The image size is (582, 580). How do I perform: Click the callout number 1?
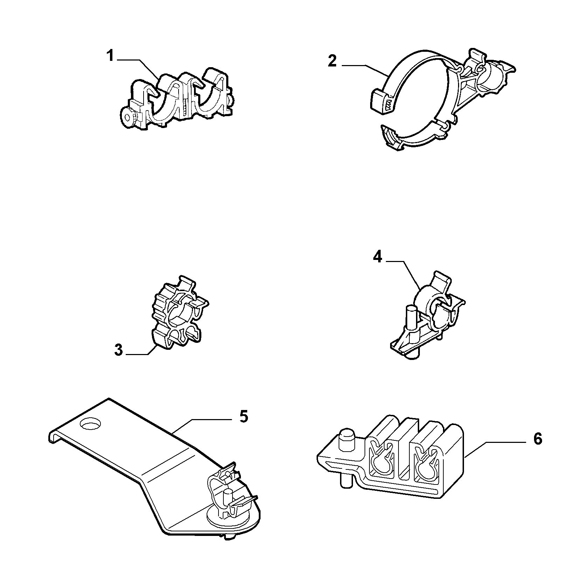point(110,56)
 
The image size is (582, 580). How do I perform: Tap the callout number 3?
point(119,350)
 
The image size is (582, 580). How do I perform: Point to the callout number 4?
point(377,257)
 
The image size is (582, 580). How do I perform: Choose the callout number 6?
point(538,439)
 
